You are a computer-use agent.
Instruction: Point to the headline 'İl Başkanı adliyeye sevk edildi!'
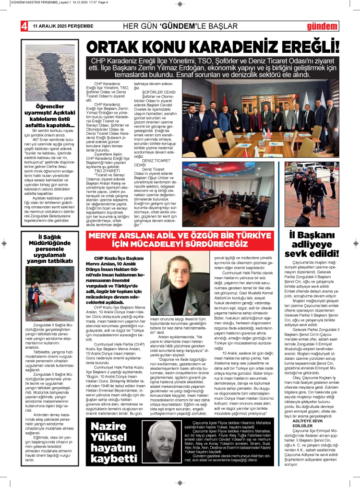[314, 244]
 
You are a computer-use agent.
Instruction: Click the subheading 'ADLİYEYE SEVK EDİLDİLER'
[312, 423]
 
